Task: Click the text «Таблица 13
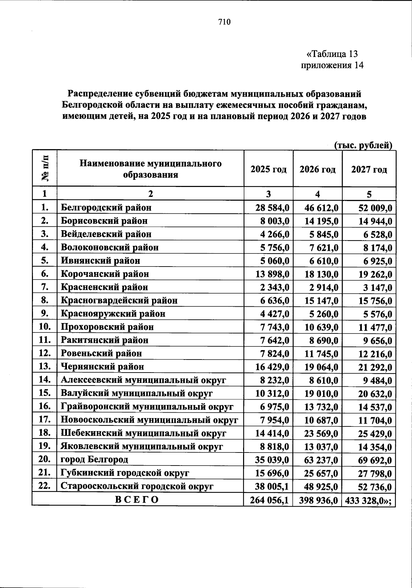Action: point(332,54)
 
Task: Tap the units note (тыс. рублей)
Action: point(363,145)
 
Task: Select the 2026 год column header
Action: point(317,169)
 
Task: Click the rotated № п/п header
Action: point(45,168)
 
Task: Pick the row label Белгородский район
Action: point(106,208)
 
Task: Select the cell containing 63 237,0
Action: point(321,459)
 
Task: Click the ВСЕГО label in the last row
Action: point(137,499)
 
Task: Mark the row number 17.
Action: point(45,420)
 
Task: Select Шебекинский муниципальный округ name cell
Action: point(143,433)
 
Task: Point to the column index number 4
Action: point(318,194)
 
